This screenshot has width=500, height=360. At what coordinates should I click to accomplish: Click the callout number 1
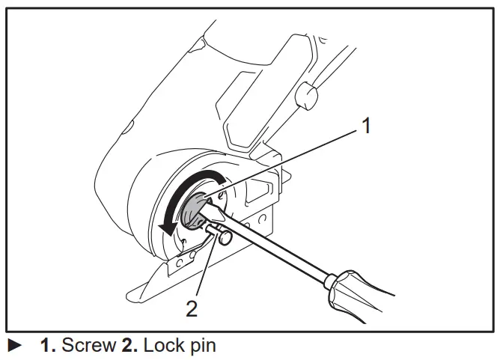click(x=365, y=126)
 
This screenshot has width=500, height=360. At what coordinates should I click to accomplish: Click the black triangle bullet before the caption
click(x=14, y=346)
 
